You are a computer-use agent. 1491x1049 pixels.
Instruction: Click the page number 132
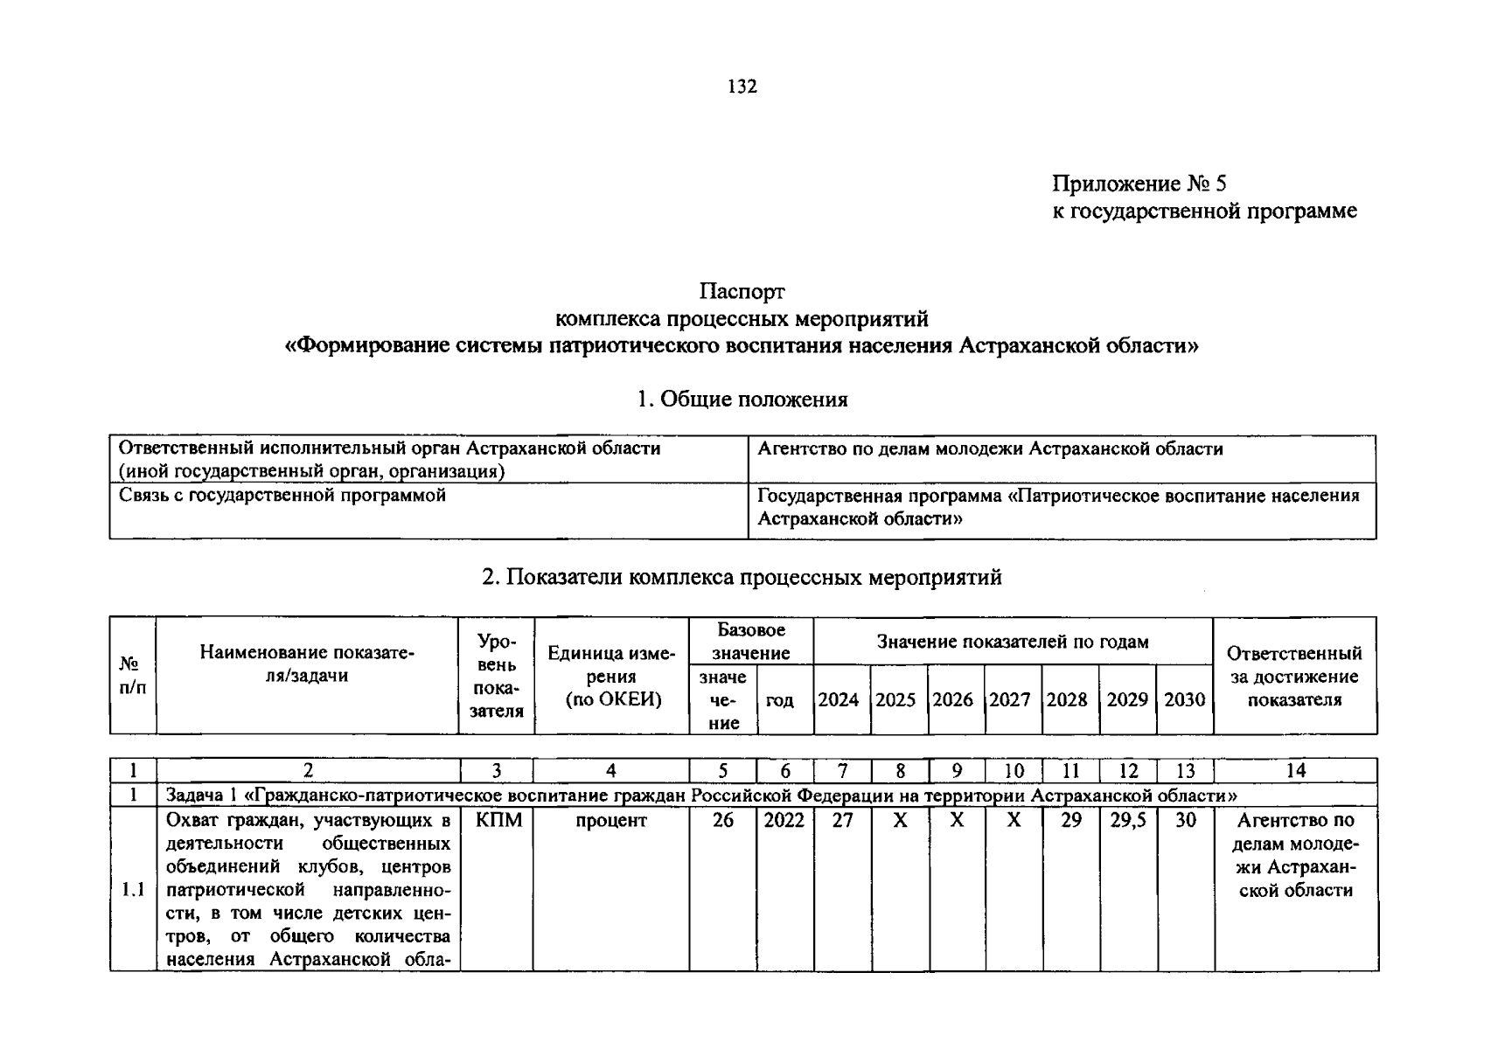pyautogui.click(x=742, y=87)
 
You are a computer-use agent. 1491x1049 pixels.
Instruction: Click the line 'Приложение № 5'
pyautogui.click(x=1139, y=184)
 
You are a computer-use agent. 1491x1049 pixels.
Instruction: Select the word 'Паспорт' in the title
pyautogui.click(x=742, y=291)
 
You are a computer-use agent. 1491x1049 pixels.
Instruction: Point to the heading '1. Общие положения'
pyautogui.click(x=742, y=399)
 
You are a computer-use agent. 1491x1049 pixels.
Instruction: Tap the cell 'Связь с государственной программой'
pyautogui.click(x=282, y=496)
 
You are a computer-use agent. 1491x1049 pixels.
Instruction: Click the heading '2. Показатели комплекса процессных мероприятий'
pyautogui.click(x=742, y=577)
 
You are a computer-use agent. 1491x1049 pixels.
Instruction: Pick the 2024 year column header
pyautogui.click(x=839, y=699)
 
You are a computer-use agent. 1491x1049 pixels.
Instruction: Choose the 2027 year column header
pyautogui.click(x=1010, y=699)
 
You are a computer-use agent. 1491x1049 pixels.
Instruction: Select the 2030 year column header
pyautogui.click(x=1184, y=699)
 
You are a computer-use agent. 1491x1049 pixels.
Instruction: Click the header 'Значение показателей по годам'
pyautogui.click(x=1013, y=643)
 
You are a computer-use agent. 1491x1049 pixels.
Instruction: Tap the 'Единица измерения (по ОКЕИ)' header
pyautogui.click(x=611, y=677)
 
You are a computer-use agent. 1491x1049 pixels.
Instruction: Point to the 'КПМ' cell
pyautogui.click(x=498, y=820)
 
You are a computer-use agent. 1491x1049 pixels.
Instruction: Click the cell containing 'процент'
pyautogui.click(x=611, y=820)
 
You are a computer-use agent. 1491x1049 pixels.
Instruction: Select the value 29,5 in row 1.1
pyautogui.click(x=1127, y=820)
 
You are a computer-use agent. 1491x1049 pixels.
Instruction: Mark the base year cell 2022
pyautogui.click(x=784, y=820)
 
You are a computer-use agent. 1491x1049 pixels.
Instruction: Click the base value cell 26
pyautogui.click(x=722, y=820)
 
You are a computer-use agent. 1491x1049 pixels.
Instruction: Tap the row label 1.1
pyautogui.click(x=133, y=891)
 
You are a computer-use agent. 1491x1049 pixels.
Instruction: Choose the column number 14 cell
pyautogui.click(x=1295, y=770)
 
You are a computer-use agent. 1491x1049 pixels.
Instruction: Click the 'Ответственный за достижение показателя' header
pyautogui.click(x=1294, y=677)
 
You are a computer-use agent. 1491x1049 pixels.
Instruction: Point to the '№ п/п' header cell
pyautogui.click(x=132, y=677)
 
